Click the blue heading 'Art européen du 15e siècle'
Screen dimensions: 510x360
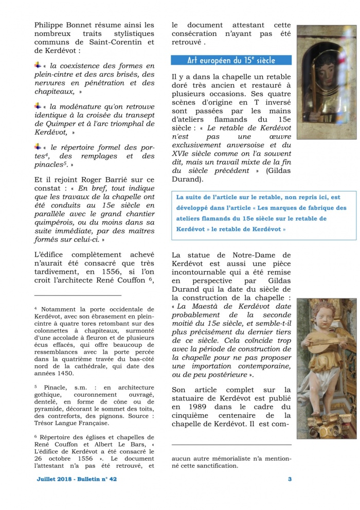[231, 60]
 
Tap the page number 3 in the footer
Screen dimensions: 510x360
[290, 479]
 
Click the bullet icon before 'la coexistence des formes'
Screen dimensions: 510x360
[38, 65]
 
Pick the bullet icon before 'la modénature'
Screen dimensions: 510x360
[38, 105]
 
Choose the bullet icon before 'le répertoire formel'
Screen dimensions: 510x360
[38, 146]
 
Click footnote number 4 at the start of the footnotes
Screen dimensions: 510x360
[36, 309]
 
